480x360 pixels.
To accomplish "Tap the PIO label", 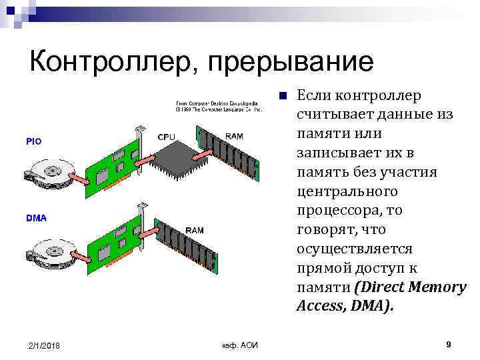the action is point(33,141).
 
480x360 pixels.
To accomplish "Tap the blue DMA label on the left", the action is point(36,218).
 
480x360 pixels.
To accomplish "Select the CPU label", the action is point(167,137).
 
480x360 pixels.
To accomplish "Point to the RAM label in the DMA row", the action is point(195,230).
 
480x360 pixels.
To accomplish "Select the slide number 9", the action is point(449,344).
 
